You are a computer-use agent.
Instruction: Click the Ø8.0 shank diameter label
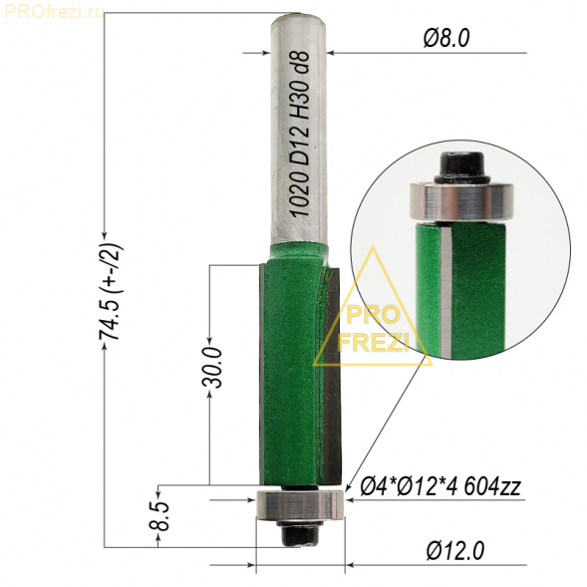446,39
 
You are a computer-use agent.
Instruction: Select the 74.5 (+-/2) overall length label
111,291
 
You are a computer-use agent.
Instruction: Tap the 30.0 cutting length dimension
212,368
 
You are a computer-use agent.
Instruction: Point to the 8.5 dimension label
159,516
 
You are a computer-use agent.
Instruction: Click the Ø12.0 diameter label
455,551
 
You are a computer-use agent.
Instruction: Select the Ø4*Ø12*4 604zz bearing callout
440,487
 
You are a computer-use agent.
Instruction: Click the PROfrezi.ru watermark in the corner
54,12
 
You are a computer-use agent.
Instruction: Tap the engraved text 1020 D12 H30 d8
300,134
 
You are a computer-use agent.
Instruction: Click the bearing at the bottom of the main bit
300,505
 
